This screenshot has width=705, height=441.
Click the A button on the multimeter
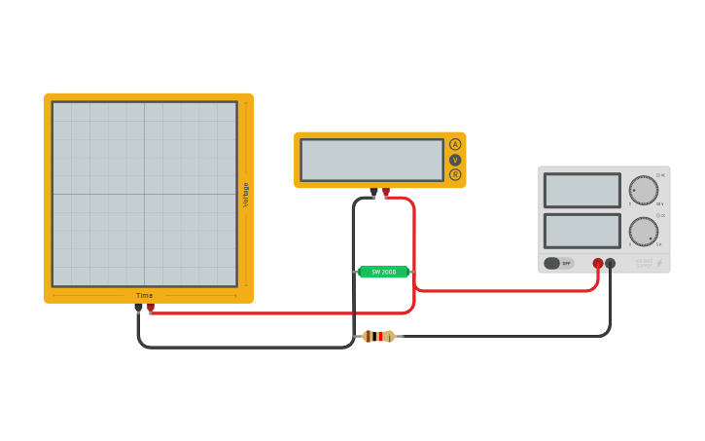(455, 144)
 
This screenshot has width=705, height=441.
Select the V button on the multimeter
(455, 160)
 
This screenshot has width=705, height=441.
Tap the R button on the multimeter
(455, 175)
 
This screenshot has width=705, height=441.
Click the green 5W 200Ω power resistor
(383, 272)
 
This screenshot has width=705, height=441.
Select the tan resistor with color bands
(378, 336)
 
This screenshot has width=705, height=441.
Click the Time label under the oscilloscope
(144, 295)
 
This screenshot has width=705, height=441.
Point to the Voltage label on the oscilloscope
(246, 195)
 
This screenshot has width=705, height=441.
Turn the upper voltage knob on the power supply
(643, 190)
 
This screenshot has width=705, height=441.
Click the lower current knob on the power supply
(643, 232)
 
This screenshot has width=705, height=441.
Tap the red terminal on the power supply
(598, 263)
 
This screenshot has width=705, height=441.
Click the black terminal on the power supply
(611, 263)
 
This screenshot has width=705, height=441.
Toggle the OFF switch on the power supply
(558, 263)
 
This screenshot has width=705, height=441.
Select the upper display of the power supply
(582, 190)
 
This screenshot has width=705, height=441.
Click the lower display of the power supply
(582, 231)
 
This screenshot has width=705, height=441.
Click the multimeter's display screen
(371, 160)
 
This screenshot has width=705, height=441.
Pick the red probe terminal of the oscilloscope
(151, 308)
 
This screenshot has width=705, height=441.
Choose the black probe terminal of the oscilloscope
(138, 308)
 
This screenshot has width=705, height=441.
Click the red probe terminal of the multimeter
(386, 192)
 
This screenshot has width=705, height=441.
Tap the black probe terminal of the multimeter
(373, 192)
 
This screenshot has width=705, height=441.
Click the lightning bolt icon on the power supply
(659, 263)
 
